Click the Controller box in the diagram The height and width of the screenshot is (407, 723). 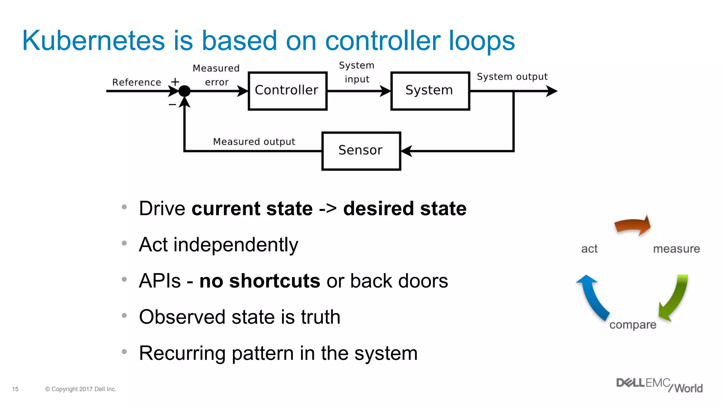coord(287,91)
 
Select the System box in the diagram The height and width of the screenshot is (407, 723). coord(430,91)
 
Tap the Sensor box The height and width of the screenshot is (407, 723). coord(361,151)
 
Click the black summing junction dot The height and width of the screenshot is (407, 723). coord(184,91)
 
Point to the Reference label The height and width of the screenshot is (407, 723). coord(137,82)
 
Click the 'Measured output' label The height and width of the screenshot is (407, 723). coord(254,142)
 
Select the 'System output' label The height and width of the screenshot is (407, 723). coord(512,77)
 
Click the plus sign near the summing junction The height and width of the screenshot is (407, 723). coord(175,82)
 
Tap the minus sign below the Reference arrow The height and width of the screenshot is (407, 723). coord(172,104)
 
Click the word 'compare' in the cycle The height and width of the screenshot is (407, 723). coord(633,325)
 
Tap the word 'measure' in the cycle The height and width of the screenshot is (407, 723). coord(676,249)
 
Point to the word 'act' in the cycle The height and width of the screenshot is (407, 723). coord(589,249)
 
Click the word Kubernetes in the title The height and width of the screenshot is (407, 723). coord(93,41)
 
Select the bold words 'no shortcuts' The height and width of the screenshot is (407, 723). coord(259,281)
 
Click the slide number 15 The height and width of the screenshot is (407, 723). coord(15,389)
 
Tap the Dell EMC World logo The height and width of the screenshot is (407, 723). coord(659,385)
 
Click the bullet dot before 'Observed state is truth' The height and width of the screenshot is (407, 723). coord(124,315)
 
